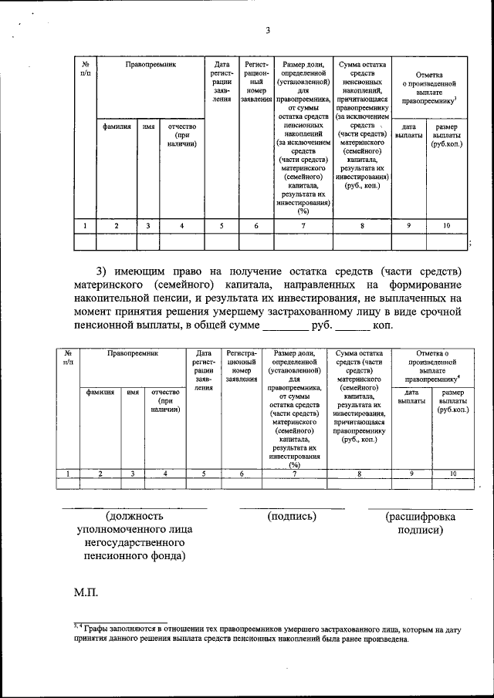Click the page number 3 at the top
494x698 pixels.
click(x=267, y=31)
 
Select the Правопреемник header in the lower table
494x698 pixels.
click(x=132, y=352)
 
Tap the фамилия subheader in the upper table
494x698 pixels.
click(x=116, y=126)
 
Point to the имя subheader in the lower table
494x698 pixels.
click(x=133, y=392)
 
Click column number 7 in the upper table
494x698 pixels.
click(x=303, y=225)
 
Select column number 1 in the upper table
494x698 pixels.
click(x=84, y=225)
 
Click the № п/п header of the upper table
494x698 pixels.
click(x=84, y=69)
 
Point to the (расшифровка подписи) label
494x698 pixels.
click(x=420, y=523)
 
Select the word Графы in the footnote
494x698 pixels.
click(x=98, y=629)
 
